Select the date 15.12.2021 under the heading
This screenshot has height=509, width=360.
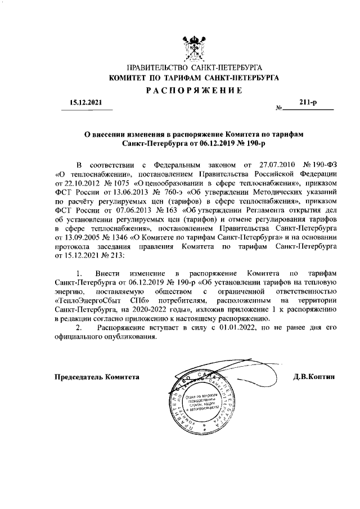coord(83,103)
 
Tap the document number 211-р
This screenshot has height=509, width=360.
coord(309,103)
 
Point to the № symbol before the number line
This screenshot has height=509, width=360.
coord(278,107)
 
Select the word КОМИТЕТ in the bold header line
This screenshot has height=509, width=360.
coord(127,78)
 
